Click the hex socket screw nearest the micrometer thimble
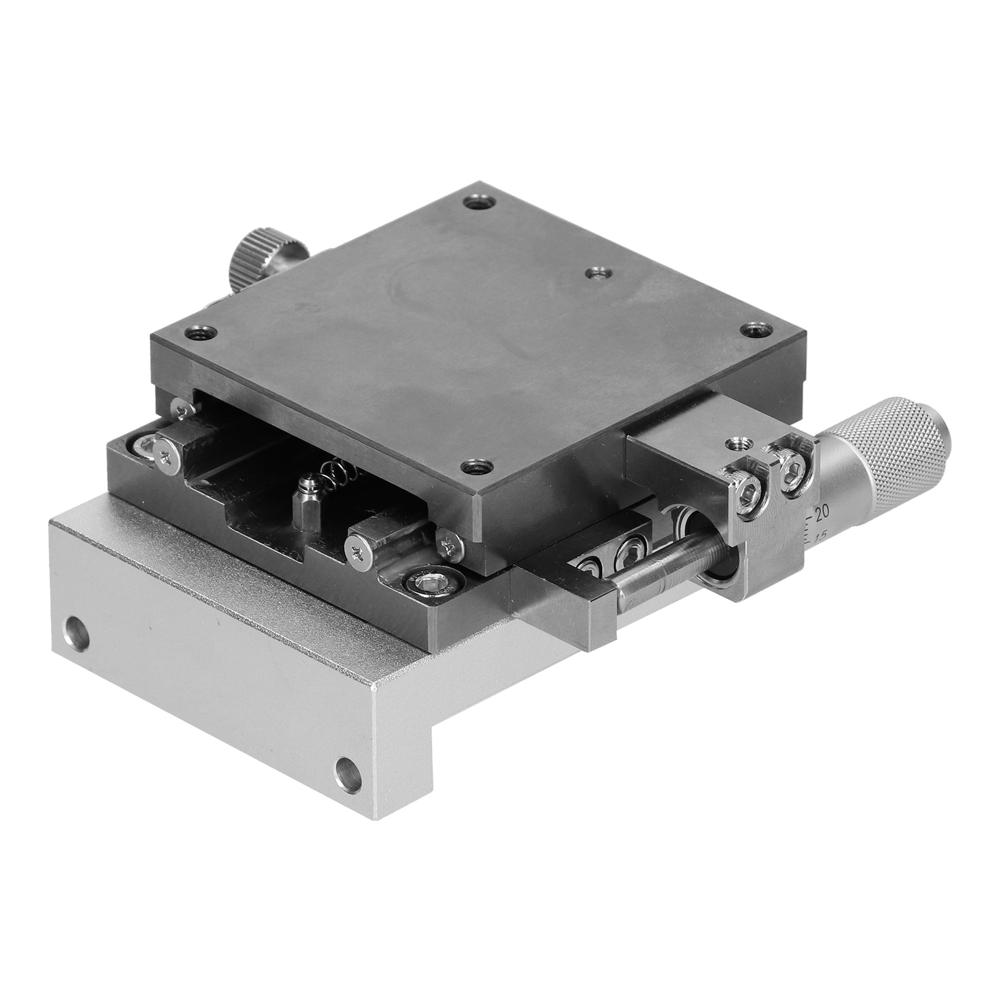793,465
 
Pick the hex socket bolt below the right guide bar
433,582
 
